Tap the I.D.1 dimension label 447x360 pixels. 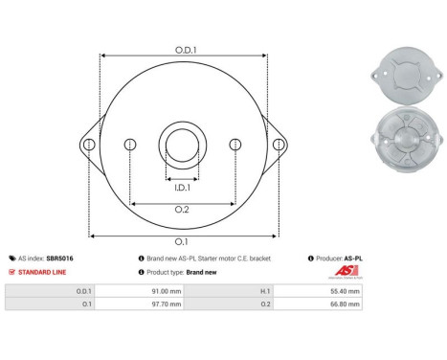pyautogui.click(x=182, y=188)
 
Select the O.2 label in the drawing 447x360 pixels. pyautogui.click(x=182, y=211)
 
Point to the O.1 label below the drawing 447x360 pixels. pyautogui.click(x=182, y=242)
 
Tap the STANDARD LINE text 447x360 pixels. pyautogui.click(x=42, y=272)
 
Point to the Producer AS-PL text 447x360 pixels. pyautogui.click(x=338, y=259)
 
